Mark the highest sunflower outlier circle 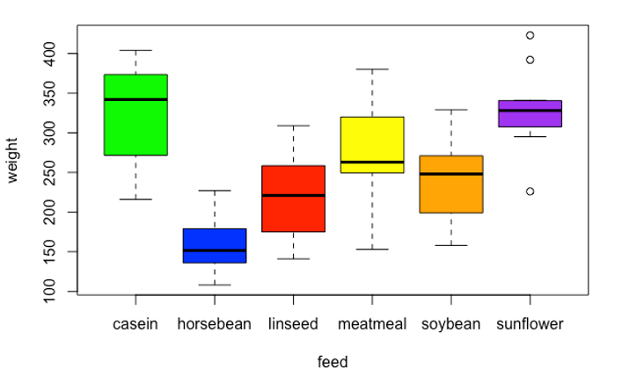click(530, 35)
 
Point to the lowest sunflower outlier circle click(530, 192)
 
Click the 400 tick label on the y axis click(50, 54)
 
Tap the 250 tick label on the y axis click(50, 173)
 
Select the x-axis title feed click(333, 360)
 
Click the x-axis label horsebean click(215, 324)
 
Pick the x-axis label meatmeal click(372, 324)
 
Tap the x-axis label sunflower click(530, 324)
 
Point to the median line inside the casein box click(135, 99)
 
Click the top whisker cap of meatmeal click(372, 69)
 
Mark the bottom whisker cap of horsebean click(215, 285)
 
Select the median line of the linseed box click(294, 195)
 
